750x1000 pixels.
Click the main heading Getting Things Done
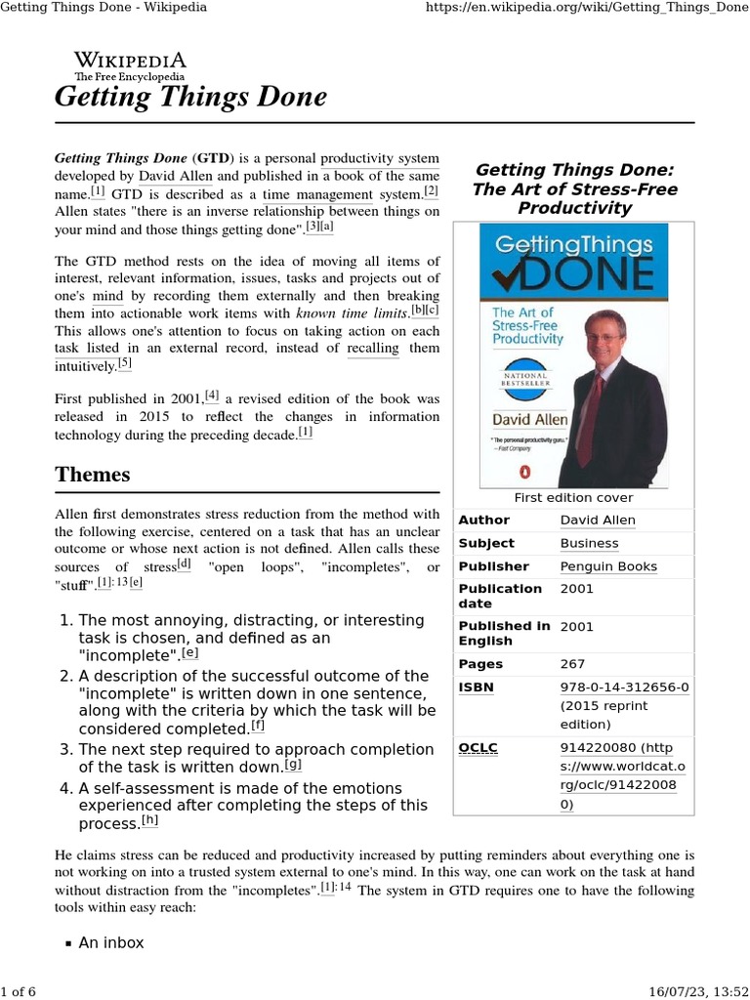pyautogui.click(x=190, y=98)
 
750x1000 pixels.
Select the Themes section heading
pyautogui.click(x=93, y=475)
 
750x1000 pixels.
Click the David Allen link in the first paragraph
pyautogui.click(x=176, y=176)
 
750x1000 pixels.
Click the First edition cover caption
pyautogui.click(x=573, y=497)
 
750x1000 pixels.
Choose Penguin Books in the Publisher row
pyautogui.click(x=608, y=566)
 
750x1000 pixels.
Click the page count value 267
pyautogui.click(x=572, y=664)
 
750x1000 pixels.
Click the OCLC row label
pyautogui.click(x=478, y=748)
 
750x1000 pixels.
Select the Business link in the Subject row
pyautogui.click(x=589, y=543)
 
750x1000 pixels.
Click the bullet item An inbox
pyautogui.click(x=110, y=942)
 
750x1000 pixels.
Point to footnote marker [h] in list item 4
pyautogui.click(x=149, y=821)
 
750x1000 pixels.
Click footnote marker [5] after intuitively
pyautogui.click(x=124, y=364)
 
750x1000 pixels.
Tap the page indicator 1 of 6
pyautogui.click(x=19, y=991)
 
